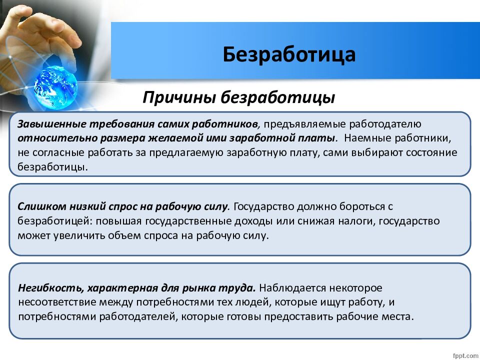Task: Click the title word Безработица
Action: [x=289, y=54]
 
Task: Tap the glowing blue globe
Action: [x=55, y=87]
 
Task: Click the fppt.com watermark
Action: [x=465, y=355]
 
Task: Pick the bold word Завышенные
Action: [x=51, y=124]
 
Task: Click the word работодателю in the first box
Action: [x=385, y=124]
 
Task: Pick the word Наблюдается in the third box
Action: [x=292, y=288]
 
